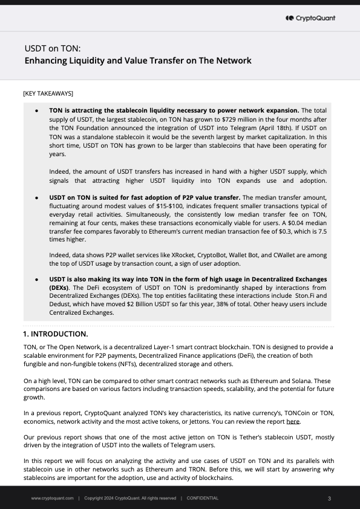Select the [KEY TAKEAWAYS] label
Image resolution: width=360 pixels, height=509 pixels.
point(48,94)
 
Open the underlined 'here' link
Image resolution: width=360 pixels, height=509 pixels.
point(293,421)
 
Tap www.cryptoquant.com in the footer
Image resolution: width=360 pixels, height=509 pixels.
point(53,498)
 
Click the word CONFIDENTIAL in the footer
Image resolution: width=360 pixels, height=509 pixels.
point(203,498)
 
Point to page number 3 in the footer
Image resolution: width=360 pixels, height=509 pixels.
point(329,498)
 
